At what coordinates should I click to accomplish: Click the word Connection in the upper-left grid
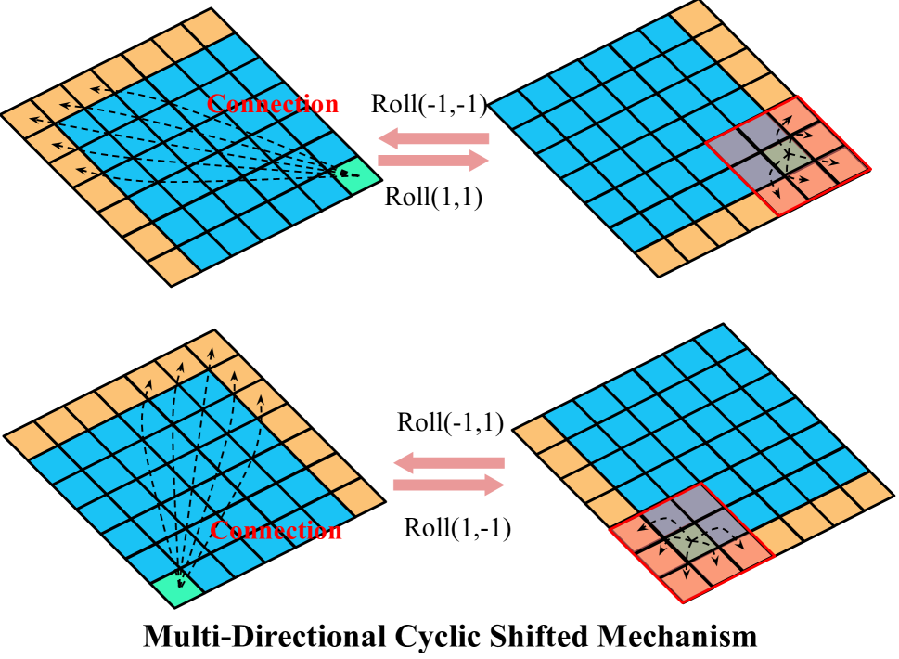tap(273, 104)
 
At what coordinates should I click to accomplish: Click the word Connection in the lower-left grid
tap(276, 531)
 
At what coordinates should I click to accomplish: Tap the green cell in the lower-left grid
tap(177, 588)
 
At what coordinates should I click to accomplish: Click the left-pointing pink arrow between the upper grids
tap(433, 138)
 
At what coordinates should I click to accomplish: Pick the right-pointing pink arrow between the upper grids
tap(433, 161)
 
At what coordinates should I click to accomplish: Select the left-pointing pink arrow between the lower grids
tap(449, 462)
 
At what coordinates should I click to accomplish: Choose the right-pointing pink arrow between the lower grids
tap(449, 485)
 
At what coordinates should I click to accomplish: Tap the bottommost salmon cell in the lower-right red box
tap(687, 583)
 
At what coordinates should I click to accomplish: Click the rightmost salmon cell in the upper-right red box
tap(843, 166)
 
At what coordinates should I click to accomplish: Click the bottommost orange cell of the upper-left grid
tap(173, 266)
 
